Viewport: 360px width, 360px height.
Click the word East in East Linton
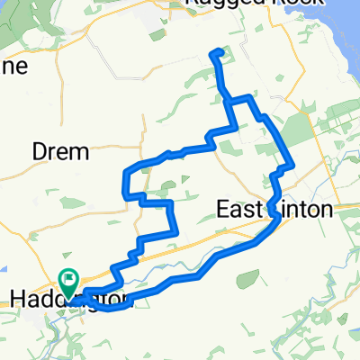[x=241, y=210]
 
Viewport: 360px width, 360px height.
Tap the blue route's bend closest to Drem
[x=123, y=171]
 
